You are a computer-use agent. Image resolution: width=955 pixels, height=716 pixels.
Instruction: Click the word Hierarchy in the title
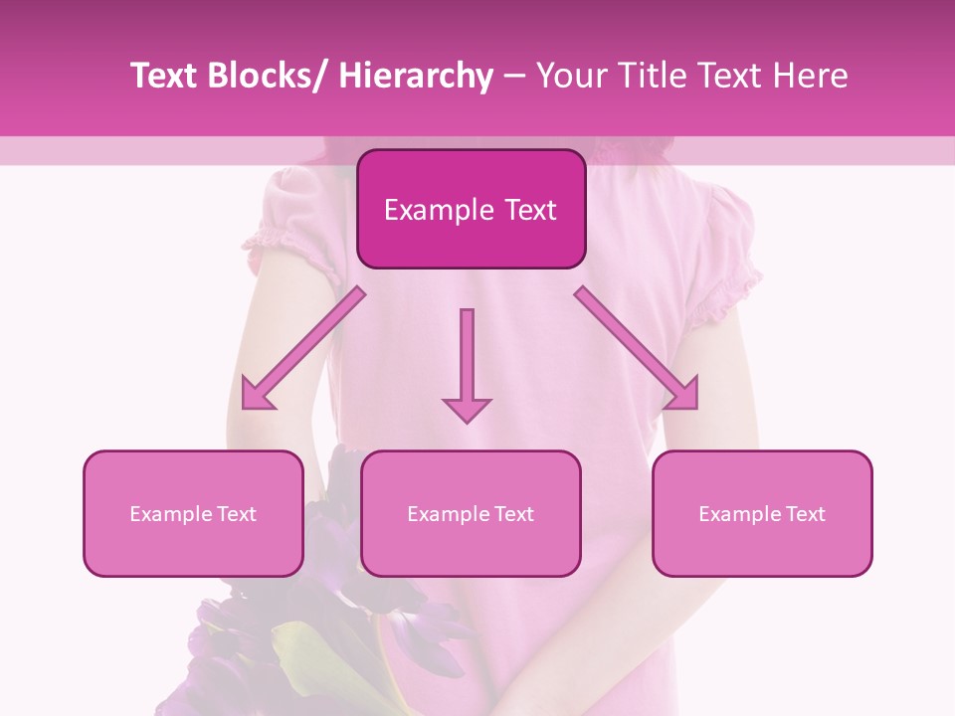click(415, 76)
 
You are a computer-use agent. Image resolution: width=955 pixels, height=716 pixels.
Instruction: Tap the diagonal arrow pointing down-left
click(303, 348)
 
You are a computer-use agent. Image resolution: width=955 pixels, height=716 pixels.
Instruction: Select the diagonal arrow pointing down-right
click(637, 348)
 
